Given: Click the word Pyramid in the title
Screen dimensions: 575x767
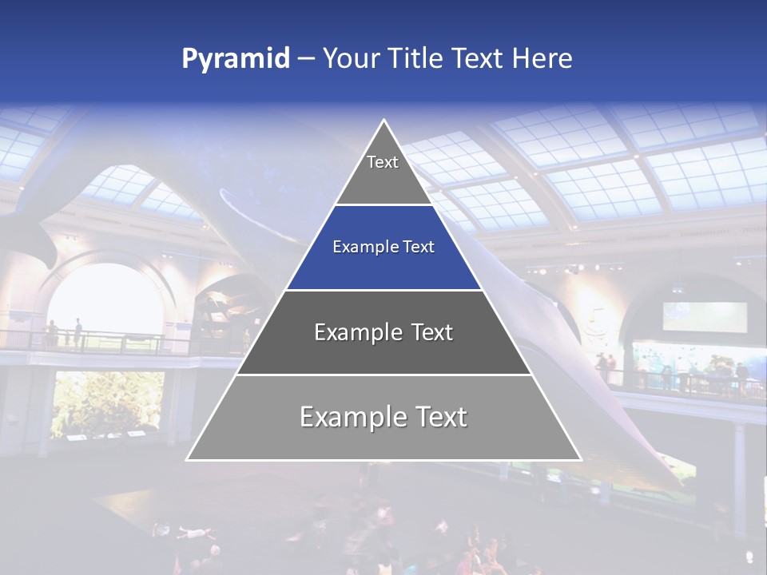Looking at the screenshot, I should coord(236,59).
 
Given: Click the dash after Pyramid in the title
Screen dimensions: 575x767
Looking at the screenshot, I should coord(306,59).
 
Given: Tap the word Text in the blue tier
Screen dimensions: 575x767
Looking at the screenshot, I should coord(419,248).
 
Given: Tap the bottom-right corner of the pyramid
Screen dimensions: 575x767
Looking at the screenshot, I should coord(581,459).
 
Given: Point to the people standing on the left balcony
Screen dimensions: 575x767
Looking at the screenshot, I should coord(64,333).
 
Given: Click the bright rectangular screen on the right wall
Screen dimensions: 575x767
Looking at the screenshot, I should coord(705,316).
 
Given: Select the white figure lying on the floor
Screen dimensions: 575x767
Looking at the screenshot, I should coord(188,530).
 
